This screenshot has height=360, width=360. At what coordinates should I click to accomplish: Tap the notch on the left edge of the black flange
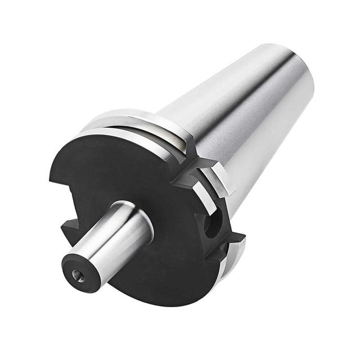pyautogui.click(x=69, y=228)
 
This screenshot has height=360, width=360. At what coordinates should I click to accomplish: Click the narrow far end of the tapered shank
pyautogui.click(x=298, y=67)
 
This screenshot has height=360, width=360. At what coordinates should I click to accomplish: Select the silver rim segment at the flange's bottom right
pyautogui.click(x=236, y=253)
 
